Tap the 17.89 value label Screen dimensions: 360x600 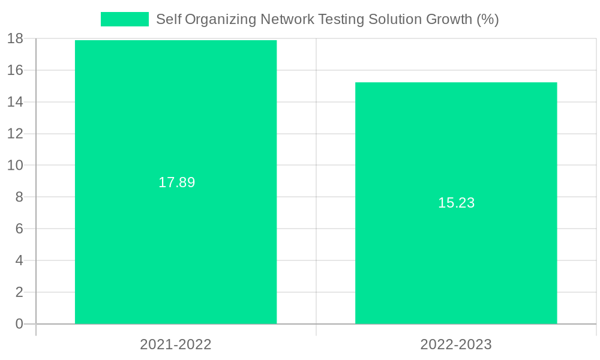[x=176, y=182]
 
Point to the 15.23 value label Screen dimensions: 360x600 [x=456, y=203]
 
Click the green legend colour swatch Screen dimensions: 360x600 [x=124, y=19]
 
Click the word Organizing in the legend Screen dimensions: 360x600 [x=220, y=19]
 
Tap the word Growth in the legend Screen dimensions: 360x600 [x=449, y=19]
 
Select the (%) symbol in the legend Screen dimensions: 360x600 [x=487, y=19]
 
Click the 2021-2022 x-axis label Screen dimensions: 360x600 [x=176, y=344]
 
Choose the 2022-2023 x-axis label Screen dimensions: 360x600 [x=456, y=344]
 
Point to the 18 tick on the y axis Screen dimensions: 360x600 [x=15, y=39]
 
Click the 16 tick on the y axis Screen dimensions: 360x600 [x=15, y=70]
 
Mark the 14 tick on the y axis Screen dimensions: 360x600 [x=15, y=102]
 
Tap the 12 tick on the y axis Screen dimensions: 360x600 [x=15, y=134]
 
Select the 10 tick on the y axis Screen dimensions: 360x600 [x=15, y=166]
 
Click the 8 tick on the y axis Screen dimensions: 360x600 [x=19, y=197]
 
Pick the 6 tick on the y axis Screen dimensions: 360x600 [x=19, y=229]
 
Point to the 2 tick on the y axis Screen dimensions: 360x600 [x=19, y=292]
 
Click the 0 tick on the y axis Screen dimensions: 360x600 [x=19, y=324]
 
